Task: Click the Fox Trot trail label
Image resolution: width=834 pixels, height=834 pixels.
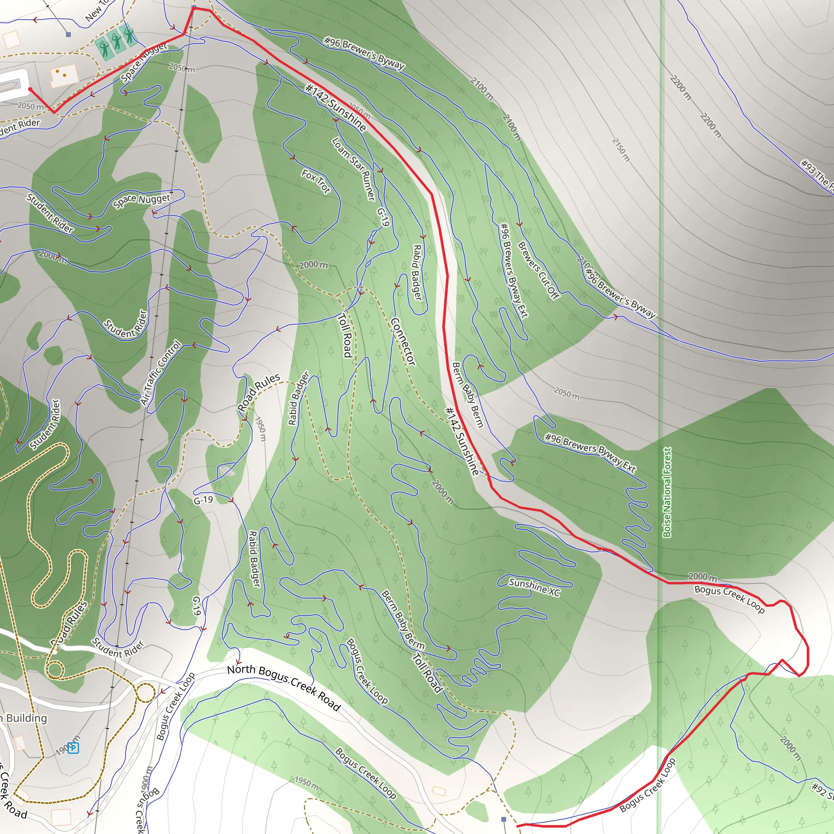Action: click(x=316, y=181)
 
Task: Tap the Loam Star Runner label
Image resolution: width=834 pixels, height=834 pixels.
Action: click(x=353, y=168)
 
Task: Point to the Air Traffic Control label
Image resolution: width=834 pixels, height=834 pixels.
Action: click(x=161, y=372)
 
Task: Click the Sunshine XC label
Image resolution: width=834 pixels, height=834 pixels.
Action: click(x=534, y=588)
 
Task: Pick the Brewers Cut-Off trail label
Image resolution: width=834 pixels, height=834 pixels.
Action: click(x=538, y=270)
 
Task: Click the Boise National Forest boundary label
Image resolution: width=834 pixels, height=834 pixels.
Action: click(x=667, y=492)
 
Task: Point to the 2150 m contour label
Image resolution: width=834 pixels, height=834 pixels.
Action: click(x=621, y=150)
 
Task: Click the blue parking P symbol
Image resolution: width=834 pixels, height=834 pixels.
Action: click(x=73, y=748)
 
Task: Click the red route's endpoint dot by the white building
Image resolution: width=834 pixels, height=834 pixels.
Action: click(x=30, y=89)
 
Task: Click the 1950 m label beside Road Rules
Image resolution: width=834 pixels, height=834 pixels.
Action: click(x=261, y=429)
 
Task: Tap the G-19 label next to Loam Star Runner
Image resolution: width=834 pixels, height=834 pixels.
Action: click(x=383, y=217)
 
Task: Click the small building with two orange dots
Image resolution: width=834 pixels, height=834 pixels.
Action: click(x=63, y=76)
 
